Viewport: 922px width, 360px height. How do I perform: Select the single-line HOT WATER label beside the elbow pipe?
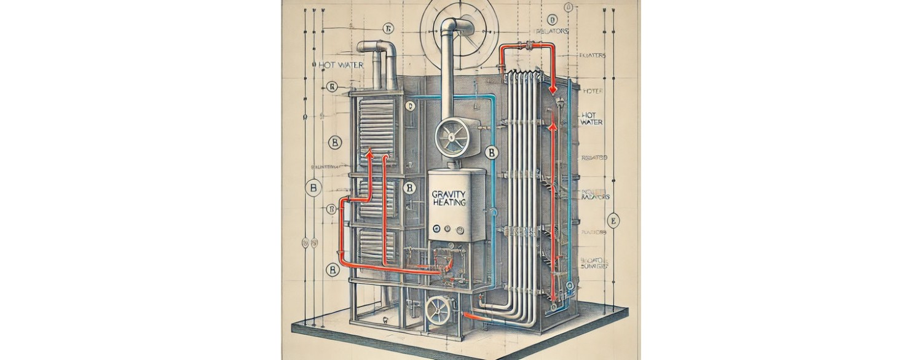341,65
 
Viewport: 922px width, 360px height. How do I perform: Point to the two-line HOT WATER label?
591,119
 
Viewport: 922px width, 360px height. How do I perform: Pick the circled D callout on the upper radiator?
410,106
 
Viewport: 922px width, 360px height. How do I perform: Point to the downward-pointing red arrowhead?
553,89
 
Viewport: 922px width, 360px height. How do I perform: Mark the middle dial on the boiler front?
447,230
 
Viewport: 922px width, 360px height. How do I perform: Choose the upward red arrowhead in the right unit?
553,127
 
